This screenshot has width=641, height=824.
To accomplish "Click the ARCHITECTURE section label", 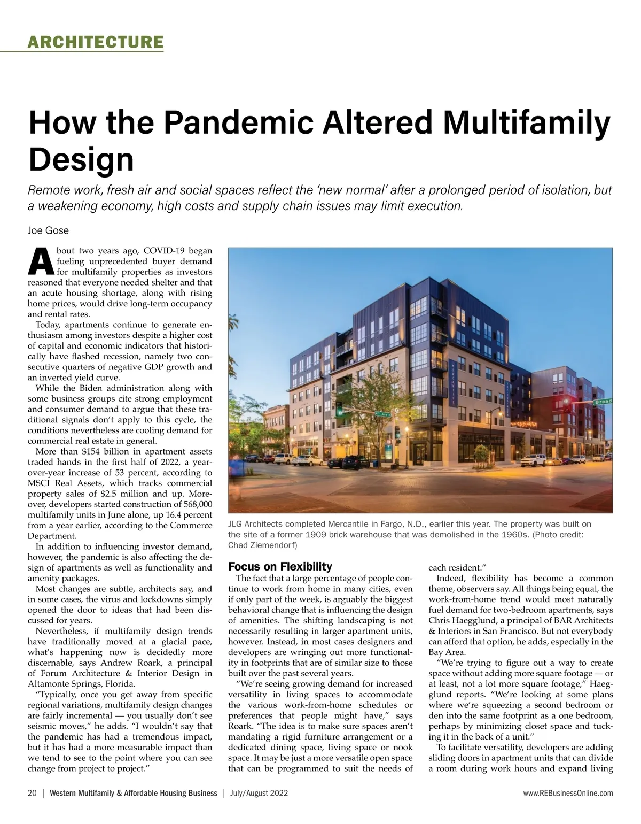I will (95, 42).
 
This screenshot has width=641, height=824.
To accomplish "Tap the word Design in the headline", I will (81, 159).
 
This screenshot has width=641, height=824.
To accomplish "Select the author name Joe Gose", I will (48, 230).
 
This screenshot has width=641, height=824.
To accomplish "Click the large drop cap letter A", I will (40, 261).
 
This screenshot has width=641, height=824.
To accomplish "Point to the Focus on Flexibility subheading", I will (280, 567).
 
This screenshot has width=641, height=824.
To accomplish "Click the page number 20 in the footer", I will (32, 793).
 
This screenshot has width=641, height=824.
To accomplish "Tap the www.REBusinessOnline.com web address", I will (568, 793).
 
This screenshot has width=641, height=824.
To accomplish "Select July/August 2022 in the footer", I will (259, 793).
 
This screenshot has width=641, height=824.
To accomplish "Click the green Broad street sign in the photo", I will (602, 402).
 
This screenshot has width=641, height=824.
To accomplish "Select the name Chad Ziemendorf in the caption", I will (262, 545).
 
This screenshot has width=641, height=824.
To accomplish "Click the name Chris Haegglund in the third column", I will (462, 620).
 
